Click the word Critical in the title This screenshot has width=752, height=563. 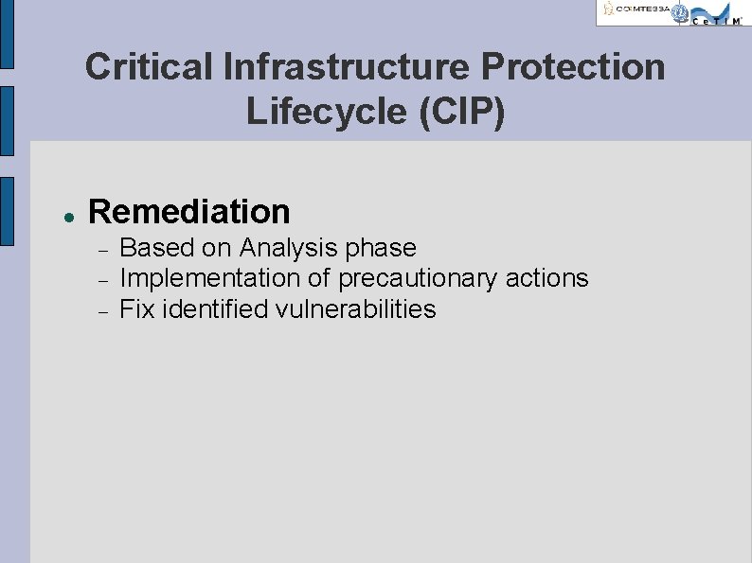point(150,67)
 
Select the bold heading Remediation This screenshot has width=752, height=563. point(188,211)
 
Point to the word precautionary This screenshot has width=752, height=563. point(418,279)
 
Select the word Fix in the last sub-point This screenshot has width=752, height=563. point(137,308)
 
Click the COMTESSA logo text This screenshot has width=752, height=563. point(641,9)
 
